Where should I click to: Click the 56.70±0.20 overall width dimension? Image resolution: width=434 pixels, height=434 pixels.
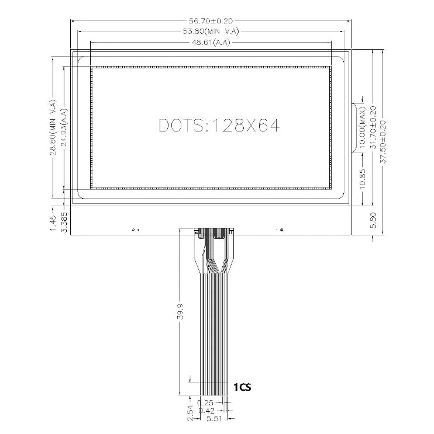coord(211,21)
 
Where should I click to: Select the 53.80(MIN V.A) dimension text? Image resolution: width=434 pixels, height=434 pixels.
coord(211,32)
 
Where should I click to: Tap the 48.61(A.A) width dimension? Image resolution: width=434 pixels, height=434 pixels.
coord(211,43)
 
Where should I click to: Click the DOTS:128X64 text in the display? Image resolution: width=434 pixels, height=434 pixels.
coord(219,126)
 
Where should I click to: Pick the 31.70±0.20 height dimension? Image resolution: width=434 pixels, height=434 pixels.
coord(373,127)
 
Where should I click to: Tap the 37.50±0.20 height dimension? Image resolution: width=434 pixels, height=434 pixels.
coord(384,140)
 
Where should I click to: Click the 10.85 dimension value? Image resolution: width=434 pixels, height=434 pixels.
coord(363,177)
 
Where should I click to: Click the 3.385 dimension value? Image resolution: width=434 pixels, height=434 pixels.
coord(64,221)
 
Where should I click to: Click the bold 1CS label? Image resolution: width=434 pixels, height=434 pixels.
coord(243,387)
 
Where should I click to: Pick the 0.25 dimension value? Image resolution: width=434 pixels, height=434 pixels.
coord(205,403)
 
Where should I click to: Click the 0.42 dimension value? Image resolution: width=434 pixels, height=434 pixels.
coord(205,411)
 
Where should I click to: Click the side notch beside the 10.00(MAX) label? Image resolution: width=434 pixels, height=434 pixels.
coord(354,127)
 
